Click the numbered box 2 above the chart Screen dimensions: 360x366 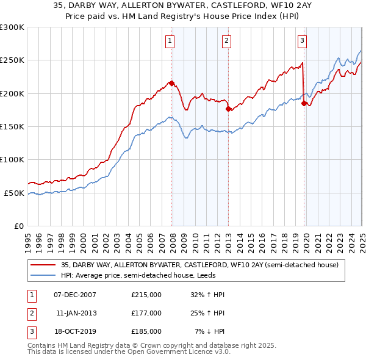(226, 41)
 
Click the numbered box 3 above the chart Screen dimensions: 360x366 (302, 41)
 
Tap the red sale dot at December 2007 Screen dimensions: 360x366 (171, 83)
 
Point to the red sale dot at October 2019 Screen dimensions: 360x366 (304, 103)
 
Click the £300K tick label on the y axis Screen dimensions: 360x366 (12, 27)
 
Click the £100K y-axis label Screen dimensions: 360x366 (12, 159)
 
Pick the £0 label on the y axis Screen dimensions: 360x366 (18, 226)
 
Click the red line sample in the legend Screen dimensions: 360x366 (43, 265)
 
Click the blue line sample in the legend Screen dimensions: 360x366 (43, 275)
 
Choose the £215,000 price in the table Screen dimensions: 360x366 (146, 294)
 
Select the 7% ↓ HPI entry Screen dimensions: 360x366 (210, 332)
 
